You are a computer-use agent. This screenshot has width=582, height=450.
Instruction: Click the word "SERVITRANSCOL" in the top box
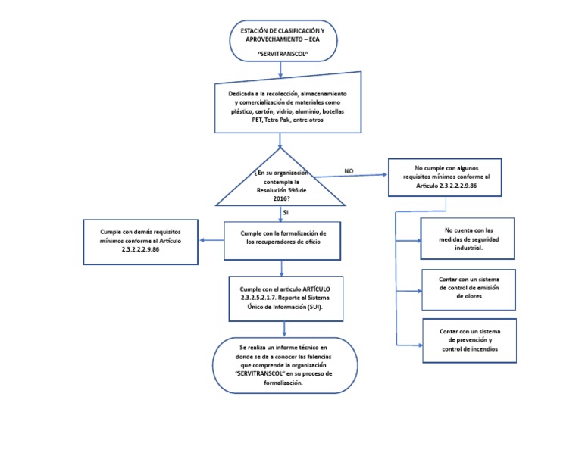pos(282,55)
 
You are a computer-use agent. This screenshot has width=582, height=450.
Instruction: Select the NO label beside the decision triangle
pos(349,171)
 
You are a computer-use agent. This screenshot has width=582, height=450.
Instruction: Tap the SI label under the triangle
pos(286,213)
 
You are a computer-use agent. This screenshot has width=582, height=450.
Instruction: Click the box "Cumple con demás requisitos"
pos(140,241)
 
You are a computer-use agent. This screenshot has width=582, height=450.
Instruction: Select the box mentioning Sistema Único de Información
pos(284,298)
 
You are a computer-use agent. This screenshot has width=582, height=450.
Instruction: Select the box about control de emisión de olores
pos(468,289)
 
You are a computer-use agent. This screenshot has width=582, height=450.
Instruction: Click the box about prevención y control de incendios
pos(468,340)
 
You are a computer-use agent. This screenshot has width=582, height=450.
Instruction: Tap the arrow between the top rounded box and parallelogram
pos(281,70)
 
